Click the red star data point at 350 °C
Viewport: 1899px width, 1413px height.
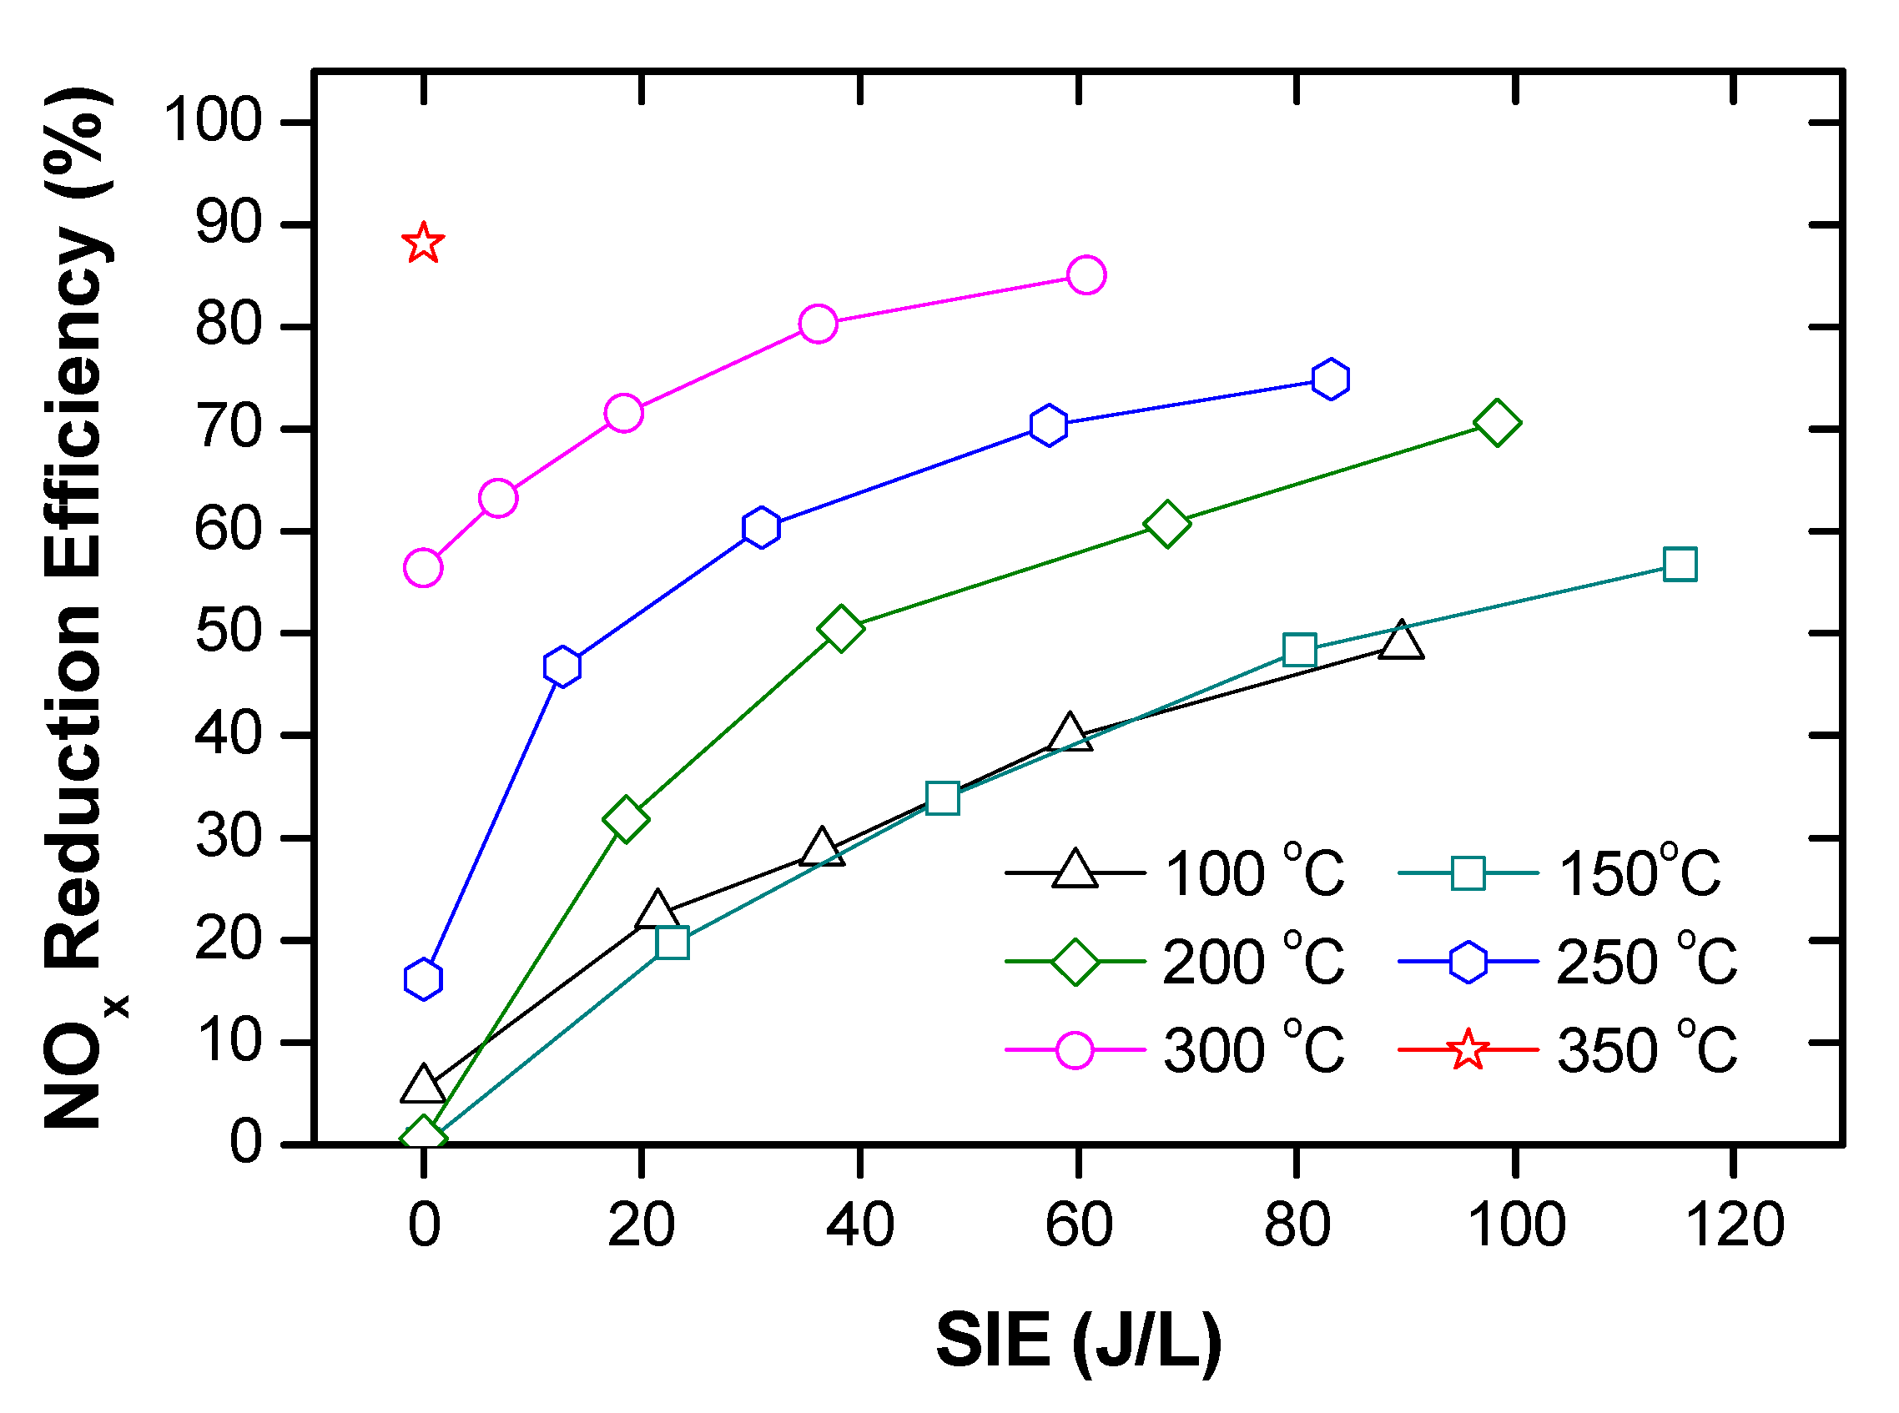422,244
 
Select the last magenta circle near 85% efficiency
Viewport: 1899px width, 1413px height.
1086,274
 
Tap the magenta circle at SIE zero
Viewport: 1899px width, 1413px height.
422,568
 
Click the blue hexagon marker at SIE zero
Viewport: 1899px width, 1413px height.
422,978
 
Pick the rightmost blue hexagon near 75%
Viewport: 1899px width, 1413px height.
1330,379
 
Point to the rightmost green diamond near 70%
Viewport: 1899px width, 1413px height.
1497,423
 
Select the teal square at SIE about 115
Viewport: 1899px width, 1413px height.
1680,565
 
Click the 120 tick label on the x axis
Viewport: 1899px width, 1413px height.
1734,1224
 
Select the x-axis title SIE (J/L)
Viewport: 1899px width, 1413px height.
1079,1340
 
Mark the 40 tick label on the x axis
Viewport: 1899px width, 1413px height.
859,1224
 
